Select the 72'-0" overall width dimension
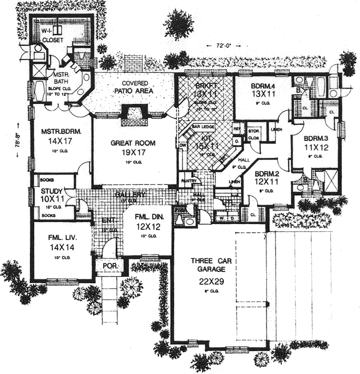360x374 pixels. point(221,45)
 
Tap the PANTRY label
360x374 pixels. point(188,181)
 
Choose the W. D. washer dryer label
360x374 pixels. point(222,217)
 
